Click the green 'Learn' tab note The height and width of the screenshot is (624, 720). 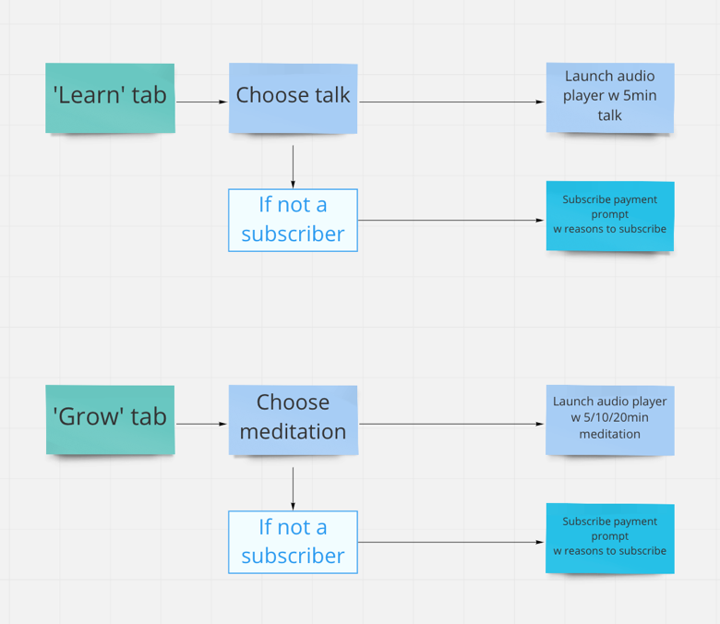(x=110, y=98)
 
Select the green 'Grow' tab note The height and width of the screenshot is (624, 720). (x=110, y=420)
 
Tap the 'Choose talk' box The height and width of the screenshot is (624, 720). (x=293, y=98)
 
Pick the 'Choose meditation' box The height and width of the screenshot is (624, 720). (x=294, y=420)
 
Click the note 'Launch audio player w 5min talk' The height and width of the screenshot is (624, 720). (x=610, y=98)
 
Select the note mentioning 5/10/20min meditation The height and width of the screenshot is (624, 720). (x=610, y=420)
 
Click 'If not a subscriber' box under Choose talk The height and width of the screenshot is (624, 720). (x=293, y=221)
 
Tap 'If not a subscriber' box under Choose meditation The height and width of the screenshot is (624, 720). (x=293, y=542)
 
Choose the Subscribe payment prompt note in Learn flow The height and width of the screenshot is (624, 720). (x=610, y=216)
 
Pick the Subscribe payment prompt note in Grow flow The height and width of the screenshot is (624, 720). (x=610, y=538)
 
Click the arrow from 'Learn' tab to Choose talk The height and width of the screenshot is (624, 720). (x=202, y=102)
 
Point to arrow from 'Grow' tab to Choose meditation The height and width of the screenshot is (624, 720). (x=202, y=424)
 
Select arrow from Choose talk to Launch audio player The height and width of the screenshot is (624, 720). (x=451, y=102)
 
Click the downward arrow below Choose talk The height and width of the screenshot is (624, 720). (x=293, y=167)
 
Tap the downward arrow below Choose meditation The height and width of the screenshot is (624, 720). (x=293, y=489)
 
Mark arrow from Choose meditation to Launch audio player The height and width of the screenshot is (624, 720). (x=451, y=424)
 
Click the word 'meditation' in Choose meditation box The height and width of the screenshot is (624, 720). (x=293, y=432)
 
